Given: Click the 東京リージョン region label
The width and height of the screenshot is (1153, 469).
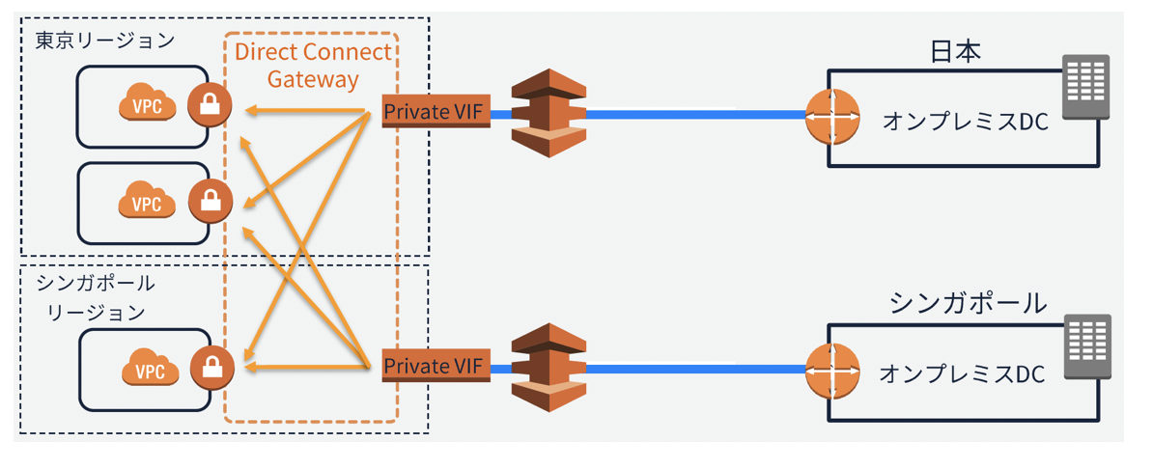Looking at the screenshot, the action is pos(105,40).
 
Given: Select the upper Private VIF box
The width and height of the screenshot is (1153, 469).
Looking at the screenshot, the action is pos(436,113).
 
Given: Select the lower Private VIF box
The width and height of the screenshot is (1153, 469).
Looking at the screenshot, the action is pos(436,366).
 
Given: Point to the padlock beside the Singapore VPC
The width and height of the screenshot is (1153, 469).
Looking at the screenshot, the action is pos(212,367).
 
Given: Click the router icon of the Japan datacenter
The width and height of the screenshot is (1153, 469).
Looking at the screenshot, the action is pos(832,117).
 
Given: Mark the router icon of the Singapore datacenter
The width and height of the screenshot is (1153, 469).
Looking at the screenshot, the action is pos(832,370).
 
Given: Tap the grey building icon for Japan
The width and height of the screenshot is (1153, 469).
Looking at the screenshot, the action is pos(1086,86).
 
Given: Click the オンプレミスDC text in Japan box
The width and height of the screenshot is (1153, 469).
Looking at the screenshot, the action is pos(964,122).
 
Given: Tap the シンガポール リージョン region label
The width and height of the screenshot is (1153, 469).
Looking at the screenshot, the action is pos(97,297).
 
